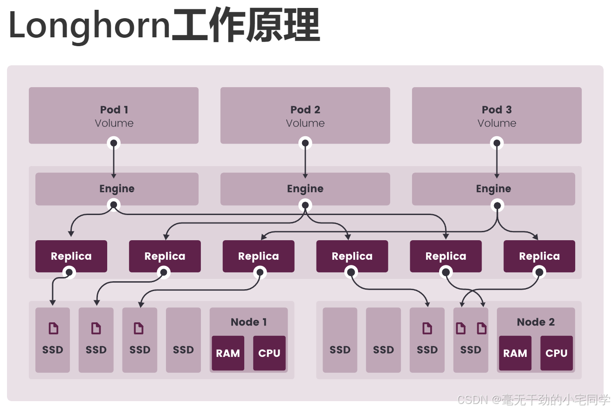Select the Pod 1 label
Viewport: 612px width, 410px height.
114,110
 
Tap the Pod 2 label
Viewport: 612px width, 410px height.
305,110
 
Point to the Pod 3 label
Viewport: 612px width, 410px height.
496,110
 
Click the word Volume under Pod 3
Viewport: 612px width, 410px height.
496,123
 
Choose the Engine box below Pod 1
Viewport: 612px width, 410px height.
117,189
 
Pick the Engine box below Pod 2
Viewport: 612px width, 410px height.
305,189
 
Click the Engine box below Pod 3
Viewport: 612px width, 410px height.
493,189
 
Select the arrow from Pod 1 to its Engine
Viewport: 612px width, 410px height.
114,161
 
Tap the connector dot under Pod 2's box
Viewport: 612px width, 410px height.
305,143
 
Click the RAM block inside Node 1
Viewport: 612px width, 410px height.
228,353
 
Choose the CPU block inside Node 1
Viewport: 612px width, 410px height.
269,353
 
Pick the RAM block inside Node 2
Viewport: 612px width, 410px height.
515,353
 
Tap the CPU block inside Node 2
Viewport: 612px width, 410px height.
556,353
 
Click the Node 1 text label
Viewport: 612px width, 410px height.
248,322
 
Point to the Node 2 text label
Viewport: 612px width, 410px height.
536,322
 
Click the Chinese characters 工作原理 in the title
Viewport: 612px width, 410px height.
246,25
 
